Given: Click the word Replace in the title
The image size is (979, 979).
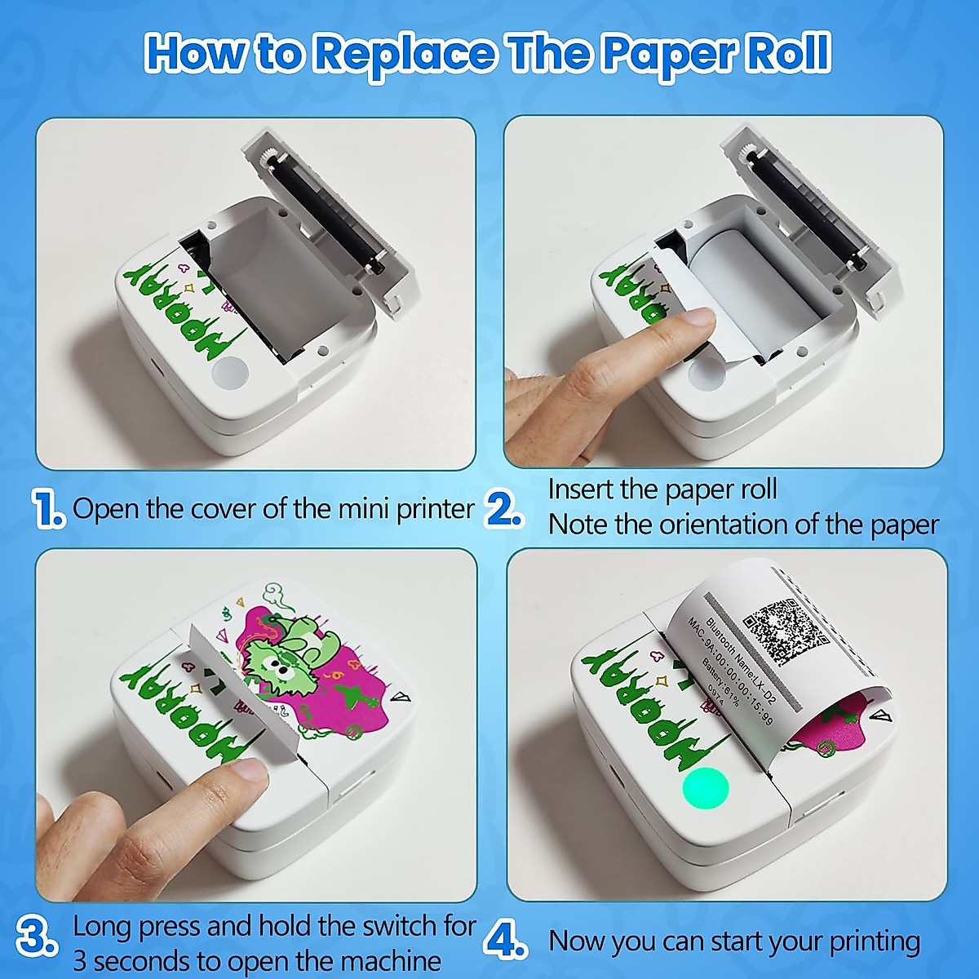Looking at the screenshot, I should pyautogui.click(x=403, y=54).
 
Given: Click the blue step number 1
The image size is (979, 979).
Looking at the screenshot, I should pyautogui.click(x=48, y=509).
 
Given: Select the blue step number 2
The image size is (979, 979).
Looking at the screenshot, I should pyautogui.click(x=503, y=509).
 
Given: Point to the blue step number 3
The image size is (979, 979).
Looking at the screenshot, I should pyautogui.click(x=38, y=937).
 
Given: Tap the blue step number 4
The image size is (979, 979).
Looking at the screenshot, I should pyautogui.click(x=506, y=941).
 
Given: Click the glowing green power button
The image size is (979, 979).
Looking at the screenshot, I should pyautogui.click(x=705, y=788).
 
